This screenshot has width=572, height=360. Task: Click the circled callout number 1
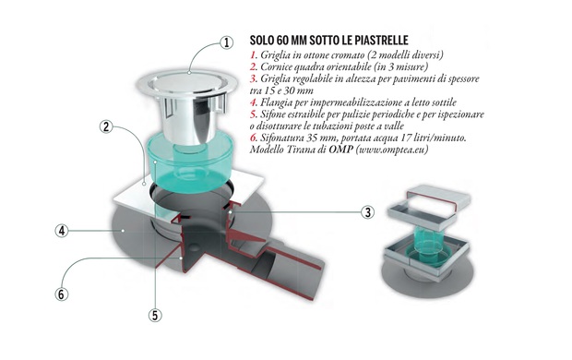pyautogui.click(x=227, y=42)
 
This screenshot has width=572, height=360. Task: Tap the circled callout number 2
pyautogui.click(x=106, y=126)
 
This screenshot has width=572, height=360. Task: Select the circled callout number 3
pyautogui.click(x=368, y=212)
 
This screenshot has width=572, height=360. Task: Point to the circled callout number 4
pyautogui.click(x=62, y=231)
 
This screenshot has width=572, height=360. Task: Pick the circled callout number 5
pyautogui.click(x=155, y=315)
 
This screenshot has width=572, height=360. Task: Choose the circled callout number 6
pyautogui.click(x=61, y=294)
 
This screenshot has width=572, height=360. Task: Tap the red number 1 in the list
pyautogui.click(x=253, y=55)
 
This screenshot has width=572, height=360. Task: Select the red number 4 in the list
pyautogui.click(x=253, y=102)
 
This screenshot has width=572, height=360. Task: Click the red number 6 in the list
pyautogui.click(x=253, y=138)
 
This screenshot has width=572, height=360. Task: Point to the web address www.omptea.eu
pyautogui.click(x=392, y=150)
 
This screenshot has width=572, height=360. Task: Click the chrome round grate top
pyautogui.click(x=186, y=83)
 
